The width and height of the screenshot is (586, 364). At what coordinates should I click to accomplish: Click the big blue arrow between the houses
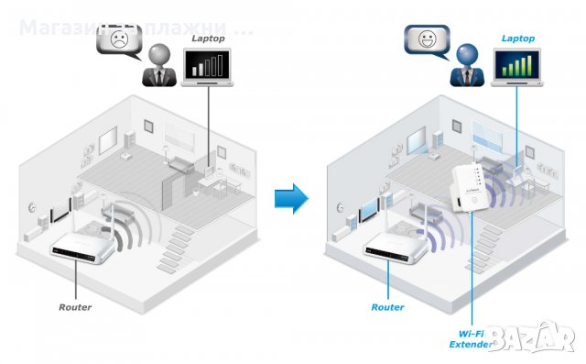(x=292, y=198)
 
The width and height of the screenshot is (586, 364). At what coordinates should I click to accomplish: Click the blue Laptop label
(x=518, y=39)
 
